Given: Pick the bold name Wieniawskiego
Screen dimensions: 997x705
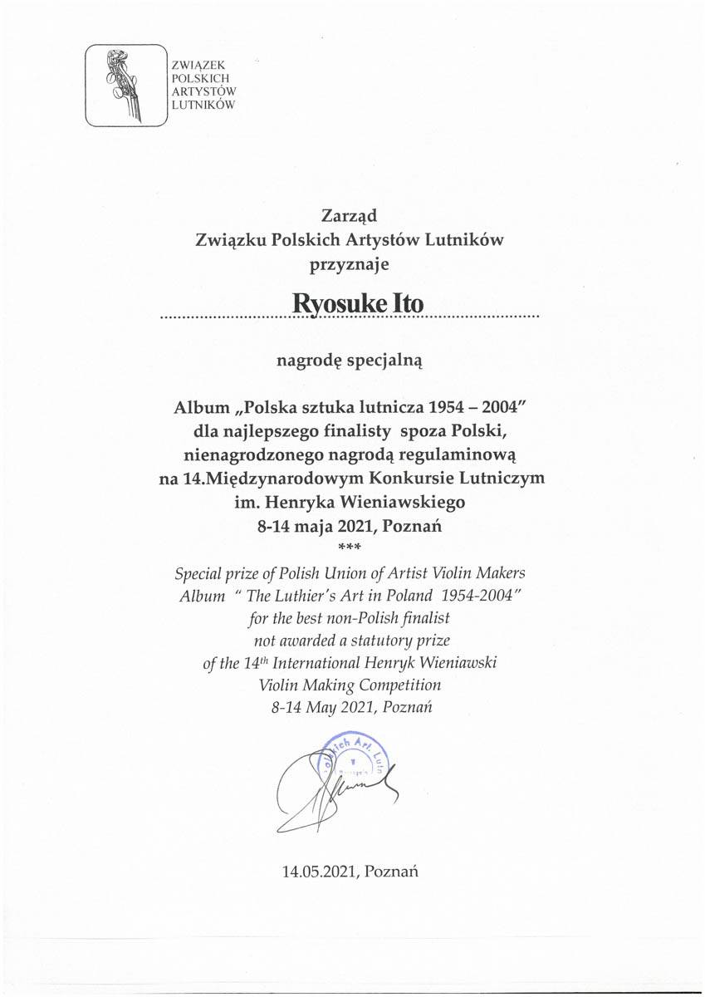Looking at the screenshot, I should (x=402, y=502).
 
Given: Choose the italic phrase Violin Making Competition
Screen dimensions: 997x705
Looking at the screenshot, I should (x=350, y=685).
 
